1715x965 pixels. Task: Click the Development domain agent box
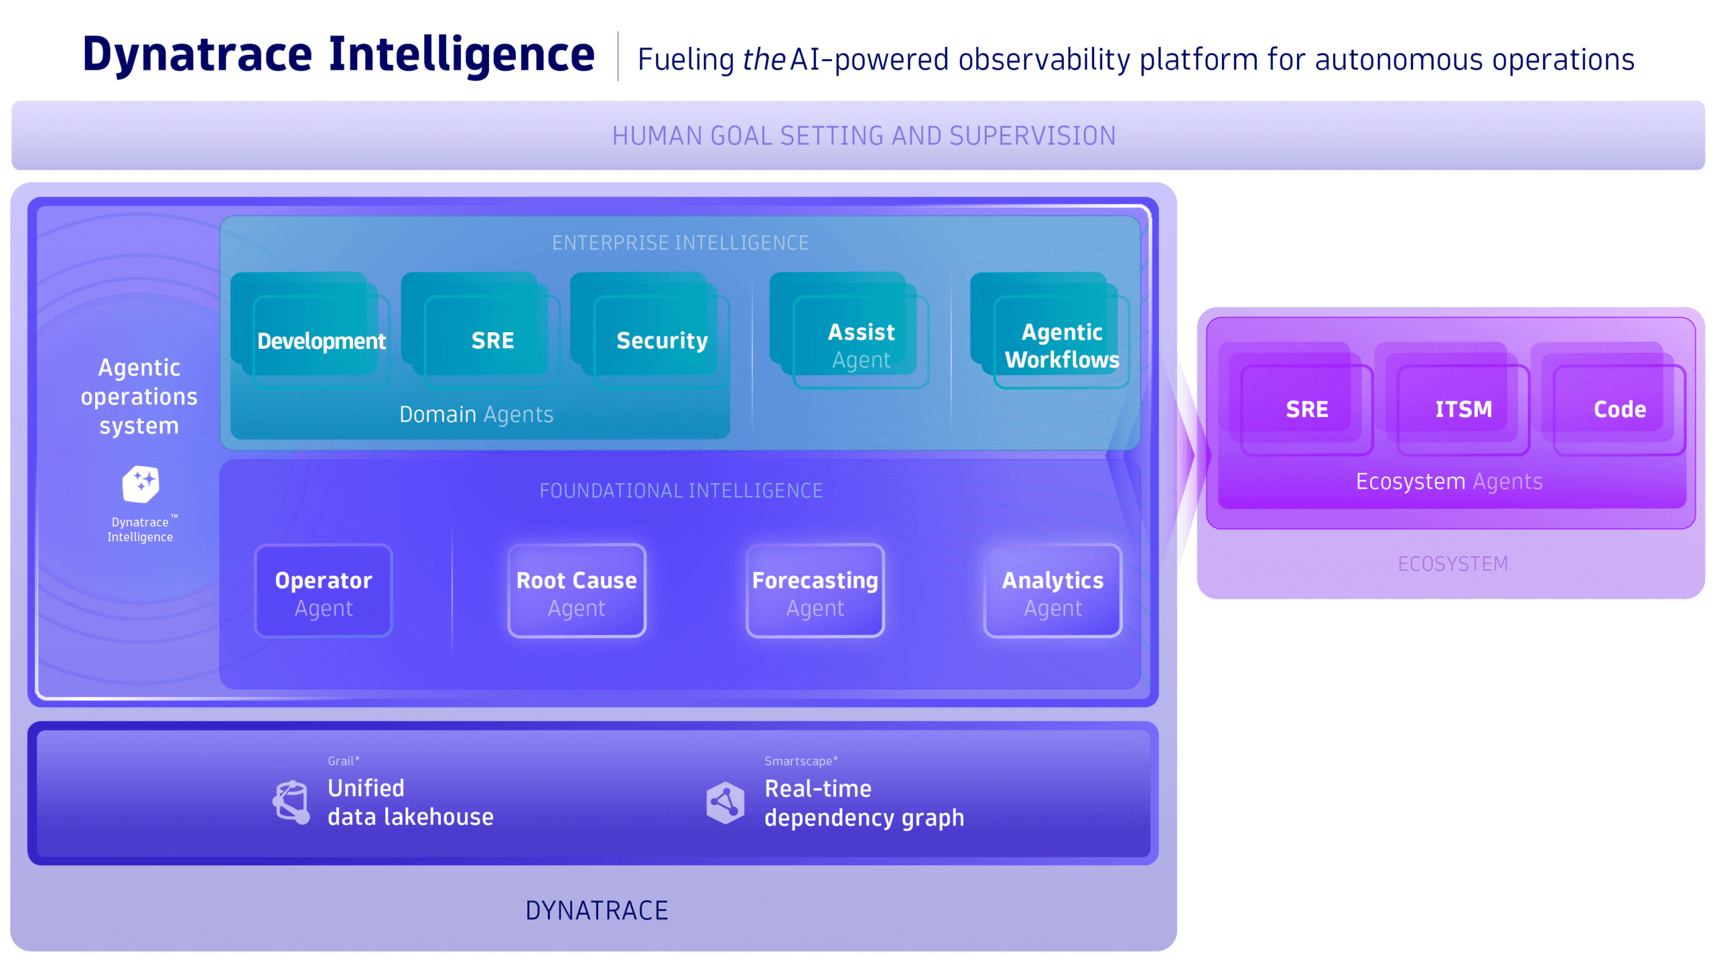320,341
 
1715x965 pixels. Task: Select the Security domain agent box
661,341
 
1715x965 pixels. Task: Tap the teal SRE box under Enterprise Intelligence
492,341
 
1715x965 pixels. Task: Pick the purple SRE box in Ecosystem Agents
1306,409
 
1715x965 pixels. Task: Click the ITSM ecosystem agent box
1463,409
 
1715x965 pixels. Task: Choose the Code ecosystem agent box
1619,409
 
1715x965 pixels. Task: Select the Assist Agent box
860,345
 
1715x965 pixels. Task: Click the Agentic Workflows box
1061,345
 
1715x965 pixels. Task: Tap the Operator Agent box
324,592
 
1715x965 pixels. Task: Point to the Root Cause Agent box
576,592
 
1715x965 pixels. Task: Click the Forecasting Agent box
815,592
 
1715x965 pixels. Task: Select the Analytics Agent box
1052,592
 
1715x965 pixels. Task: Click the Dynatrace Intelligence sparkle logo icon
141,484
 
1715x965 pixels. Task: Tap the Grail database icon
292,802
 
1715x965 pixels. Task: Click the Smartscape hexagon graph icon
725,802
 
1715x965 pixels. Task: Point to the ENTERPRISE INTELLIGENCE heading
680,242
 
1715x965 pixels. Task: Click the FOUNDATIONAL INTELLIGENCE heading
681,491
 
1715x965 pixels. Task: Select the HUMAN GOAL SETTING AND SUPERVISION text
864,136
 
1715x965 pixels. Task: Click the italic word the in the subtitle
763,60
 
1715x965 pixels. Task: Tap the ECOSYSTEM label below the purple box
1452,564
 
